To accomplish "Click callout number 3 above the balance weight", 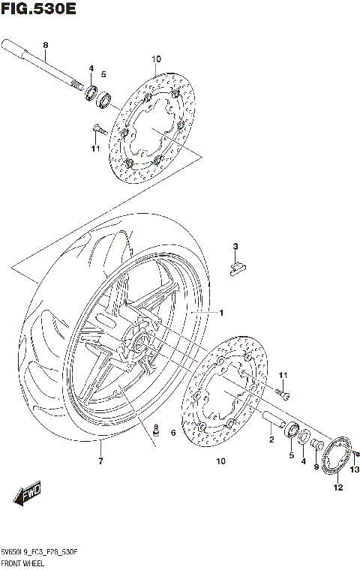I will tap(235, 247).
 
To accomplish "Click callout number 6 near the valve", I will tap(172, 433).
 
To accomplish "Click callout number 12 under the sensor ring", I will tap(338, 488).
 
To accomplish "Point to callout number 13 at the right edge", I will tap(355, 470).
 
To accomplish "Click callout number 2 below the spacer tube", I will tap(271, 439).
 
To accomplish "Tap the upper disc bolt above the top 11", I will tap(97, 129).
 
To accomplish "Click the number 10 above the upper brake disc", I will tap(156, 59).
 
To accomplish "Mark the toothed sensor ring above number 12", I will tap(338, 458).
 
